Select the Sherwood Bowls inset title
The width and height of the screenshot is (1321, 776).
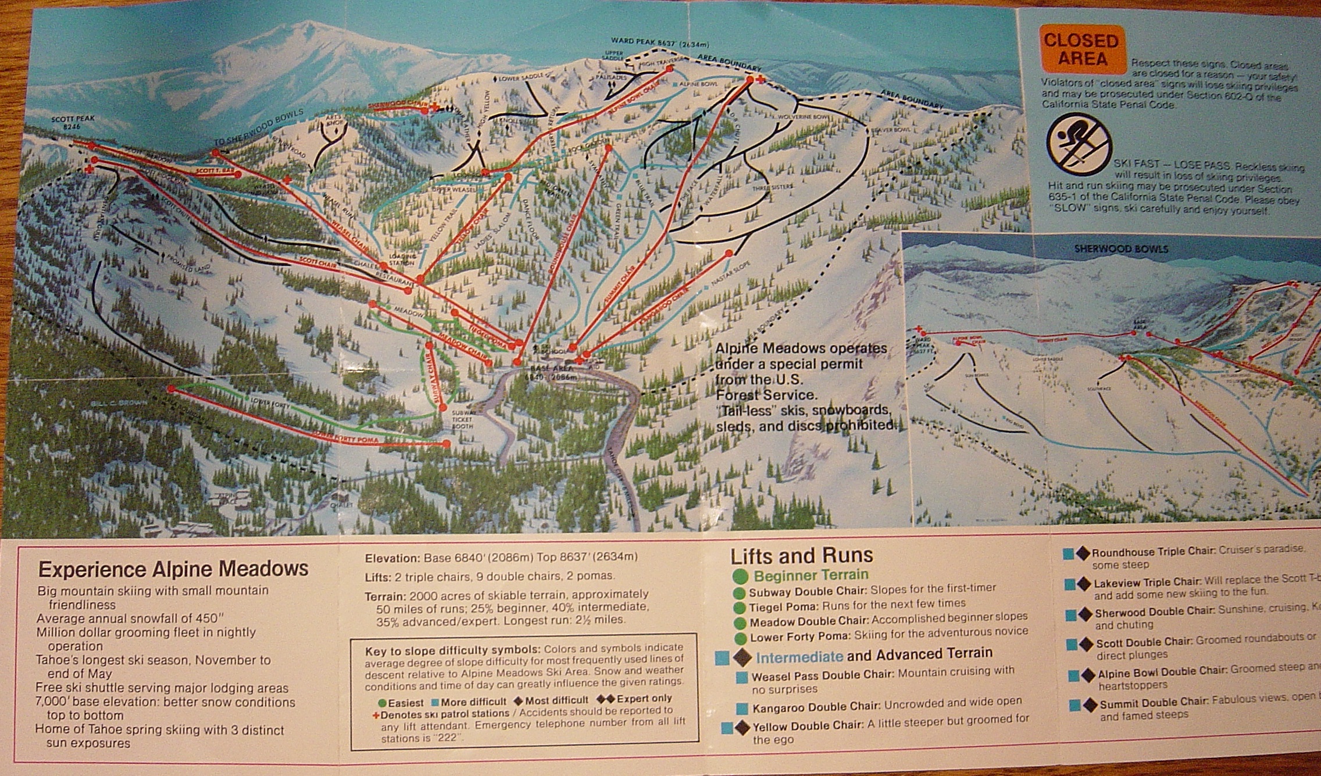point(1120,249)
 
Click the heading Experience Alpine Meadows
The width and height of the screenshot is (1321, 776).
point(173,568)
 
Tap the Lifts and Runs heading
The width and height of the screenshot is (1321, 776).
point(801,556)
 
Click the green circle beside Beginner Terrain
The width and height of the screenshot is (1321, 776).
point(740,576)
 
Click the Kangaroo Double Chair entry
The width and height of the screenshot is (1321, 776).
point(815,707)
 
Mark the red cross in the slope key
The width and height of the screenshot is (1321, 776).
point(376,714)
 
